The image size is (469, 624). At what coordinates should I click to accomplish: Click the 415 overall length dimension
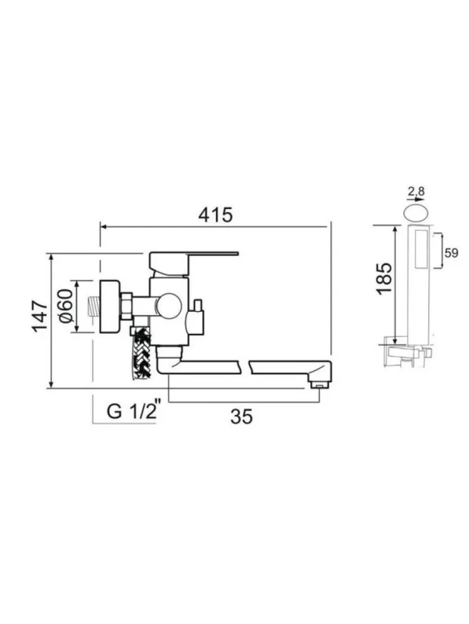tap(215, 215)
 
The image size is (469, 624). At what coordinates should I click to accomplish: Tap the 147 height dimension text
tap(40, 317)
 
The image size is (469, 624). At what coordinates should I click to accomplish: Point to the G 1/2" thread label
tap(133, 411)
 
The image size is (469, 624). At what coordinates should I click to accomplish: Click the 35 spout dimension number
tap(242, 416)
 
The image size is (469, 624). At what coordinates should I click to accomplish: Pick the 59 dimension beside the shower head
tap(452, 253)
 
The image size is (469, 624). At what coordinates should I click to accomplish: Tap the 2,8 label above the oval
tap(416, 192)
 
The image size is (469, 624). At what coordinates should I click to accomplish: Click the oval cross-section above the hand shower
tap(416, 212)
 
